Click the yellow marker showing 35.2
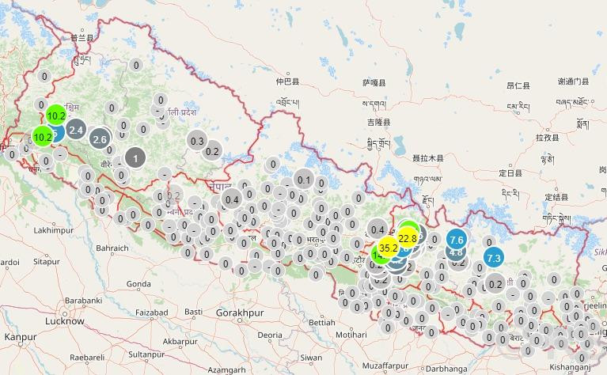click(x=389, y=248)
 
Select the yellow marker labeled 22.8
click(x=408, y=237)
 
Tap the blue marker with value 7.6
click(x=456, y=239)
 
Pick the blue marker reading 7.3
click(x=494, y=258)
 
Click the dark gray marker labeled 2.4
click(x=77, y=129)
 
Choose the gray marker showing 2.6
click(x=100, y=139)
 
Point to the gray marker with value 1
click(x=135, y=158)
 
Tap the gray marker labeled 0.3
click(x=198, y=141)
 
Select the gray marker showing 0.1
click(x=305, y=180)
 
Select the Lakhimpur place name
click(x=54, y=229)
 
